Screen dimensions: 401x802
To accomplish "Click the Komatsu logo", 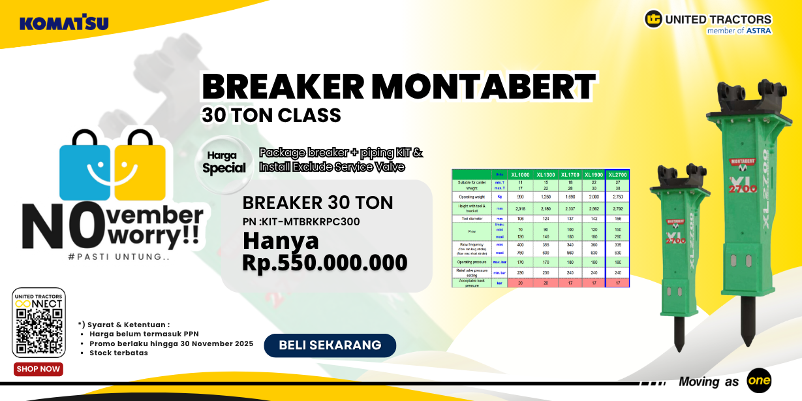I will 64,24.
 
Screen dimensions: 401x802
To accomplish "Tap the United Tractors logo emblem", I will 653,19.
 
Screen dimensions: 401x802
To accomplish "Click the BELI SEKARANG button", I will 330,345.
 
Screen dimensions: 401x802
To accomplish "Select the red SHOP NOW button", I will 39,369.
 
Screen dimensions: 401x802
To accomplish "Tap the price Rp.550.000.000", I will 324,263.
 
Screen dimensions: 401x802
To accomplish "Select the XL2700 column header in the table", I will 617,174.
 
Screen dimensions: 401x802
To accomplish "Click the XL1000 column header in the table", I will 520,174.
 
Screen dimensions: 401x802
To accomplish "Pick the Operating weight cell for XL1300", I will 545,196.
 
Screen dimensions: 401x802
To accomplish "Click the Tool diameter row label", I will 471,218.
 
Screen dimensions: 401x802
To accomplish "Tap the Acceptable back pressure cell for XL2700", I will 617,283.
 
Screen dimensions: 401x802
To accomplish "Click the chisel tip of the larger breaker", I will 748,323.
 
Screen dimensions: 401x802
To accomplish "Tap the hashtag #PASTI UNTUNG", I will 119,257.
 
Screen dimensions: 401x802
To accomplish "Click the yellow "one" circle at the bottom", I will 759,381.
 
